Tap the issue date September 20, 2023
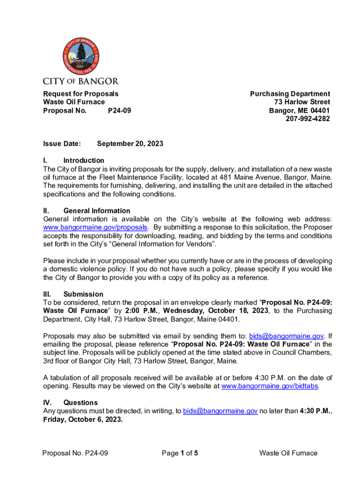[130, 144]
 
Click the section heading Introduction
[84, 160]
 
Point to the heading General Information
[97, 211]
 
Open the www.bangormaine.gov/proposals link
[96, 227]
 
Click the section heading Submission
[83, 294]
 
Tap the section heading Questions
[80, 403]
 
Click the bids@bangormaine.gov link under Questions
[220, 411]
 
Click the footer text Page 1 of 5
[180, 453]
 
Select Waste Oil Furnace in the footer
[288, 453]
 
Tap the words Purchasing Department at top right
[290, 94]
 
